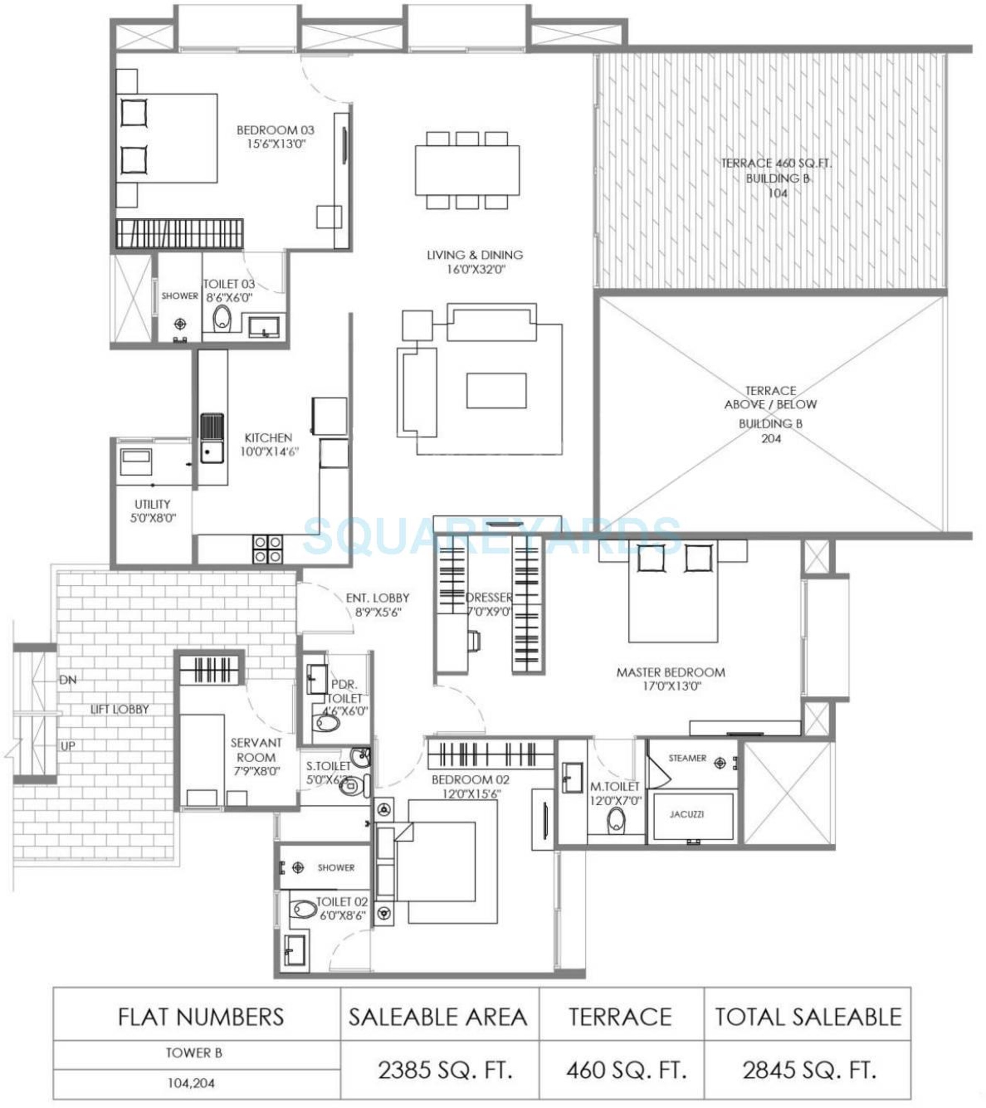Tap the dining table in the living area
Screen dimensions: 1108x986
pyautogui.click(x=467, y=170)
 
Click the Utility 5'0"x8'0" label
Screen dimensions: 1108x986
pyautogui.click(x=153, y=511)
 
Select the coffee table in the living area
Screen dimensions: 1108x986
pyautogui.click(x=496, y=390)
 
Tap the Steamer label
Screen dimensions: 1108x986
pyautogui.click(x=687, y=758)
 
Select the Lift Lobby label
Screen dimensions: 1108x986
pyautogui.click(x=119, y=709)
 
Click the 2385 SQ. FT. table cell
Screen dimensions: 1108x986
pyautogui.click(x=445, y=1070)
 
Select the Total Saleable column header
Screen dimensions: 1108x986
pyautogui.click(x=808, y=1017)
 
